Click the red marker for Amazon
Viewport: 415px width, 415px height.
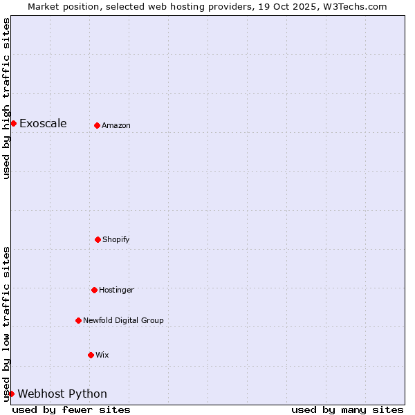tap(97, 125)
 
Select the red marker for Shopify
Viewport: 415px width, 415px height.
tap(98, 239)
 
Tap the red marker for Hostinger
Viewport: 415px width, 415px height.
tap(94, 290)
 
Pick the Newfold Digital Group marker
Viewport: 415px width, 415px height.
tap(78, 320)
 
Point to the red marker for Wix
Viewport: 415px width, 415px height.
tap(91, 355)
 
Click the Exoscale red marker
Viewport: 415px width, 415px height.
tap(13, 123)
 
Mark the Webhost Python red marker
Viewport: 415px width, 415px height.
tap(11, 394)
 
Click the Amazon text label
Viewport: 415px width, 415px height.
tap(116, 125)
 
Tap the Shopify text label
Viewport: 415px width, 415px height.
tap(116, 239)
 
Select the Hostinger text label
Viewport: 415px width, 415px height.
tap(116, 290)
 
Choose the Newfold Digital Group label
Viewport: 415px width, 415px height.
tap(123, 320)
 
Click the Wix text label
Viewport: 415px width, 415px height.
tap(102, 355)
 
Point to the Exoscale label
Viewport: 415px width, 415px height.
tap(43, 123)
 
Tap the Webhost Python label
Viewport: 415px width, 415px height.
tap(62, 394)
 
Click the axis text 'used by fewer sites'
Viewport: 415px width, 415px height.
tap(71, 409)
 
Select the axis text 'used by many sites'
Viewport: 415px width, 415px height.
tap(347, 409)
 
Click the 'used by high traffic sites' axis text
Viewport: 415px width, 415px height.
tap(6, 98)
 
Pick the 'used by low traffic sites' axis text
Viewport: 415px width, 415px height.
tap(6, 324)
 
